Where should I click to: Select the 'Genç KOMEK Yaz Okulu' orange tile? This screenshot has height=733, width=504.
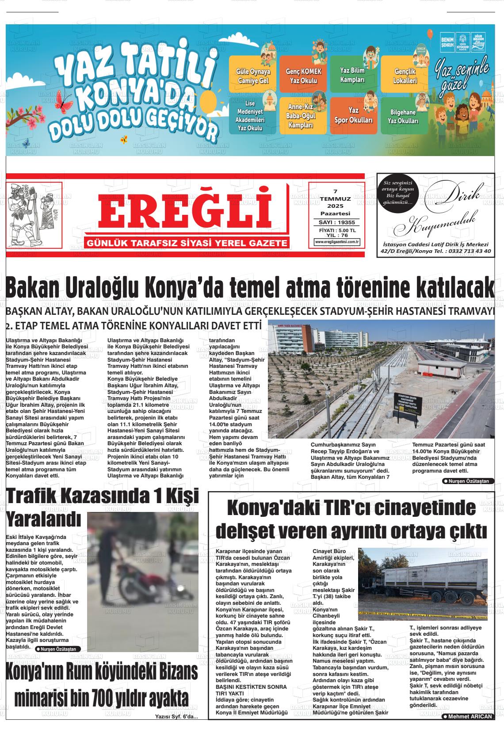pos(303,76)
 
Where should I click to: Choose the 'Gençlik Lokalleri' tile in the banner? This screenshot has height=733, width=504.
pos(405,76)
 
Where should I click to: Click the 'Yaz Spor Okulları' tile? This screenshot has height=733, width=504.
pos(353,115)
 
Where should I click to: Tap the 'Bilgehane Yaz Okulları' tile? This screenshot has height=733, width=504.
pos(403,117)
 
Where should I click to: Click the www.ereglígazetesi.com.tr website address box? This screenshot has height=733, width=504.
pos(337,242)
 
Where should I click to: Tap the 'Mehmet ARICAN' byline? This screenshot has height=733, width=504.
pos(467,717)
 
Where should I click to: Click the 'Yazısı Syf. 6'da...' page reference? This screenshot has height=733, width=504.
pos(176,717)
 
